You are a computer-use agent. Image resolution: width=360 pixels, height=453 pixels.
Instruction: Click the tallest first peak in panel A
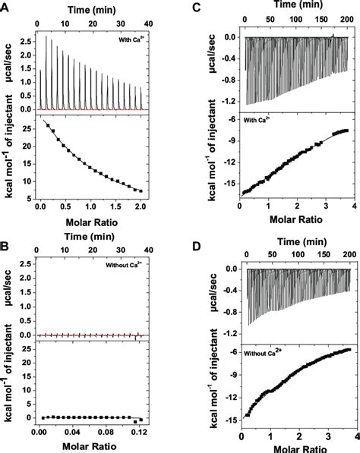click(x=47, y=36)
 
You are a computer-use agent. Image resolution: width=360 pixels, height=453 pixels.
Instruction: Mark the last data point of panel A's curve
click(x=141, y=190)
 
